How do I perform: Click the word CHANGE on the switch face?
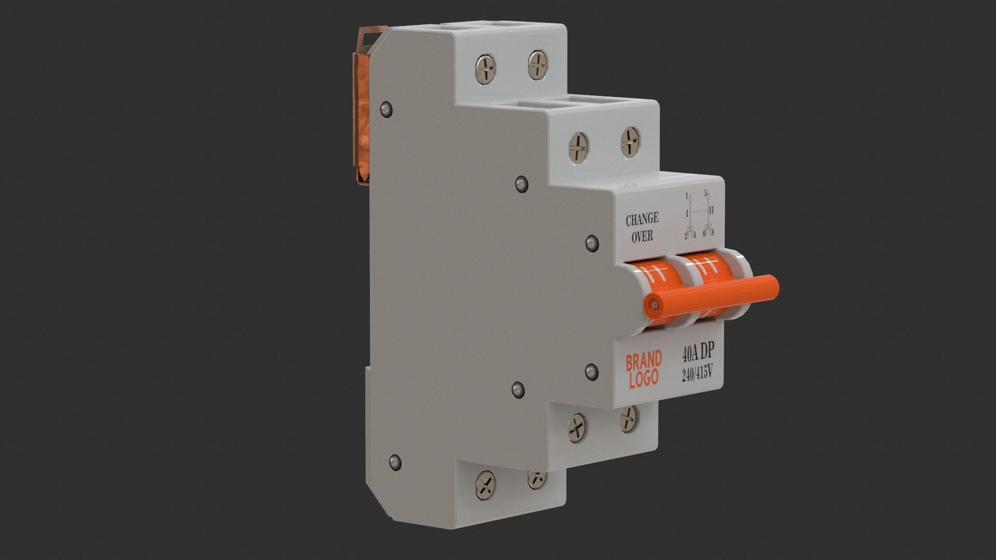(x=642, y=219)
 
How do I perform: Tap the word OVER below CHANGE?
(x=642, y=236)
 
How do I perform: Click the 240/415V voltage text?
(x=698, y=373)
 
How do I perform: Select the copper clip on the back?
(x=362, y=109)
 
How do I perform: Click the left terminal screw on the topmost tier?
(x=486, y=69)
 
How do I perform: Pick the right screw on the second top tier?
(x=630, y=141)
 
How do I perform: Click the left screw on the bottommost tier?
(x=486, y=484)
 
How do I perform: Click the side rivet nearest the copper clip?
(x=385, y=109)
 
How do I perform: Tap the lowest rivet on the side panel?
(x=395, y=461)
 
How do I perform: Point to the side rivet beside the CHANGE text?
(x=591, y=242)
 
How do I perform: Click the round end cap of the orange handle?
(x=655, y=306)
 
